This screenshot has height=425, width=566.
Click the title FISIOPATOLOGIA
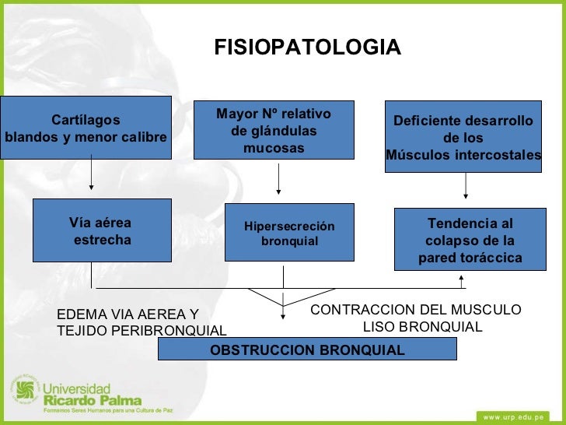[x=308, y=47]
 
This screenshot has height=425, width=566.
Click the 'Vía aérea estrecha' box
[x=102, y=230]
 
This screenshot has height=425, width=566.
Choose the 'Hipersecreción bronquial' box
[x=289, y=233]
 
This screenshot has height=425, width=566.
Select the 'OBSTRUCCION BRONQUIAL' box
[x=307, y=350]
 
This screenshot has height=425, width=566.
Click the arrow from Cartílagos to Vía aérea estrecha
[x=92, y=173]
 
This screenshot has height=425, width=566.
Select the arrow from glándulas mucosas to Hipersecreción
[x=278, y=178]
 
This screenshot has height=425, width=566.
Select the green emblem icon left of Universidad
[x=24, y=393]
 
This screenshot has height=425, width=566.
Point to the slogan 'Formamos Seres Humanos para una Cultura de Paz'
[x=107, y=409]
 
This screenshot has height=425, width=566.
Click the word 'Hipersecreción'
[x=289, y=227]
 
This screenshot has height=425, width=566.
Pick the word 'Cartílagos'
[x=86, y=120]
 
